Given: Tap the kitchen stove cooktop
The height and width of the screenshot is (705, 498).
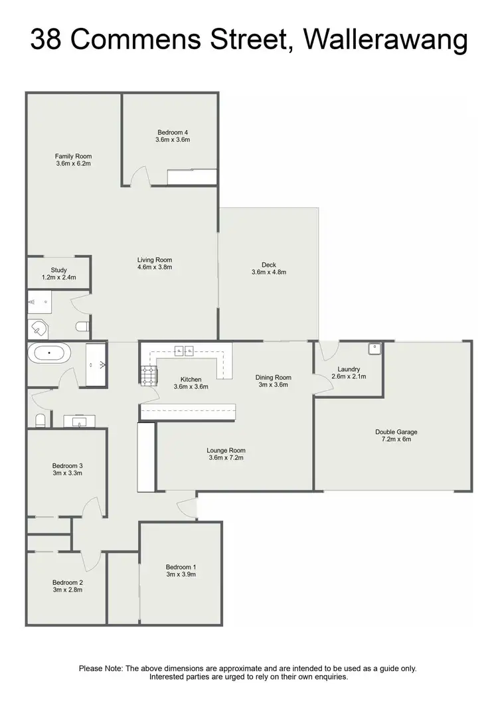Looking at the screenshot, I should (147, 375).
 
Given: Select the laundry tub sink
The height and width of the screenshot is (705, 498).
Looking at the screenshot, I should (374, 347).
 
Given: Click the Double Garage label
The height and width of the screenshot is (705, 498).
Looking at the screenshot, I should (396, 431).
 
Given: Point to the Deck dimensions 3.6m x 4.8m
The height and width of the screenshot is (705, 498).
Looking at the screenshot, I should (269, 272).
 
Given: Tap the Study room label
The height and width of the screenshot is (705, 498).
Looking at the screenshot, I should (59, 270).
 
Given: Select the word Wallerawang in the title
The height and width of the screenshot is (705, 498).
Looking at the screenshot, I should (385, 41).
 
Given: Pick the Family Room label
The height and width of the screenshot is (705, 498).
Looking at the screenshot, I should (73, 156).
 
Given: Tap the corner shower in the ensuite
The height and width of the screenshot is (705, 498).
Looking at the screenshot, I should (39, 329).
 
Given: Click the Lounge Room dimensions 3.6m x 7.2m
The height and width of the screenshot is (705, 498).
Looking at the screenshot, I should (226, 458).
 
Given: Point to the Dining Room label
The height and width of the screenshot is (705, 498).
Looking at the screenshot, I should (274, 378).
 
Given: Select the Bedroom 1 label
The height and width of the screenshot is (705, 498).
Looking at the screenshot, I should (181, 567).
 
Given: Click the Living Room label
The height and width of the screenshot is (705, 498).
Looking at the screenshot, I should (155, 260).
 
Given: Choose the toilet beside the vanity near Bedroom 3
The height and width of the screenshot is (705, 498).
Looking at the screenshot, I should (40, 420).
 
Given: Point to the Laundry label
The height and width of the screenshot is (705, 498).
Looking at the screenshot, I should (349, 369).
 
